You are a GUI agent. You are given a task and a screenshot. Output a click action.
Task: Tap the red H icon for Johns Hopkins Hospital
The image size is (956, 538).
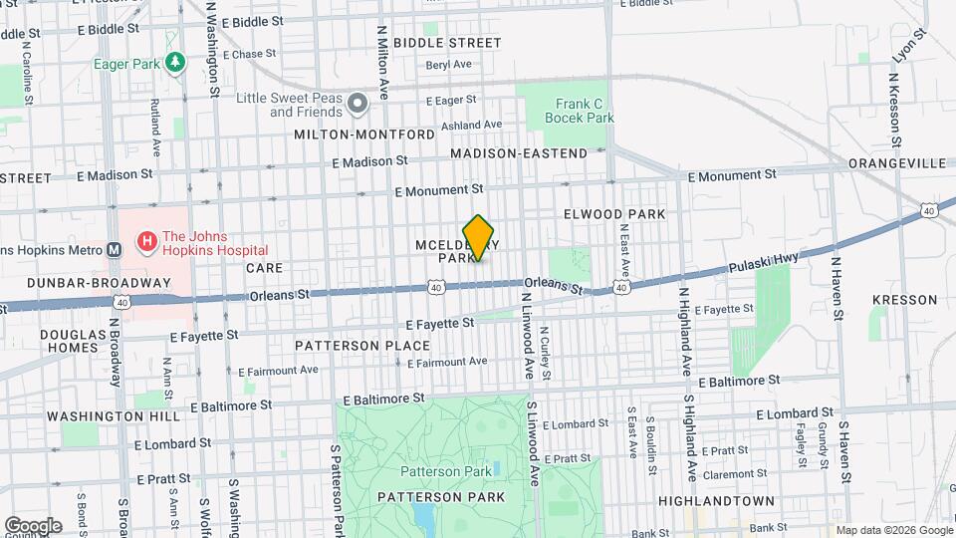[146, 240]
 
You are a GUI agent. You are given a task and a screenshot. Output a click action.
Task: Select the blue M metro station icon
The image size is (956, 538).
[114, 249]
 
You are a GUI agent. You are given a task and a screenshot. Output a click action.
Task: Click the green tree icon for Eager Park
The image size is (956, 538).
[175, 64]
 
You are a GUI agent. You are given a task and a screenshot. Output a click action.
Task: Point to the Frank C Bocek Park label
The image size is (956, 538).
[579, 111]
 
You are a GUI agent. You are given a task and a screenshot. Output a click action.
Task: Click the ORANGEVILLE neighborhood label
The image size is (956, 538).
[897, 162]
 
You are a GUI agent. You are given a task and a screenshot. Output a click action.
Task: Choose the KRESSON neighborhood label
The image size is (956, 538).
[904, 299]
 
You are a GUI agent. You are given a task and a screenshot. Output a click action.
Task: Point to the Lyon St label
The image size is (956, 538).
[908, 47]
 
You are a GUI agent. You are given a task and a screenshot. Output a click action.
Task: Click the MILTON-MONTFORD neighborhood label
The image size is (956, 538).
[363, 134]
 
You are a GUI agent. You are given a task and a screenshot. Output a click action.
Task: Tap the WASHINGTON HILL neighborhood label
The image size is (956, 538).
[104, 415]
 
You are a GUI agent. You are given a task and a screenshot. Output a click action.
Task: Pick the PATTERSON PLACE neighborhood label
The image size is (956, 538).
[362, 346]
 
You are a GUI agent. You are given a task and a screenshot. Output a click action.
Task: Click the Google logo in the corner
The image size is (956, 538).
[33, 525]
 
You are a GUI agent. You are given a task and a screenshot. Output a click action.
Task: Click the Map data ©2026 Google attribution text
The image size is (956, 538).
[892, 530]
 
